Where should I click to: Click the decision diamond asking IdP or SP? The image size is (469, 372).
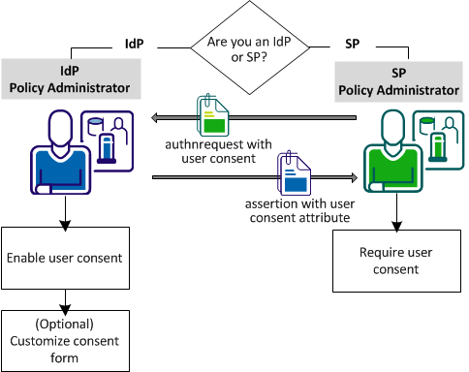click(242, 45)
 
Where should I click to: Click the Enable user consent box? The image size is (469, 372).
click(65, 257)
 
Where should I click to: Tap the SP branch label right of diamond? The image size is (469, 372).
click(353, 46)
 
